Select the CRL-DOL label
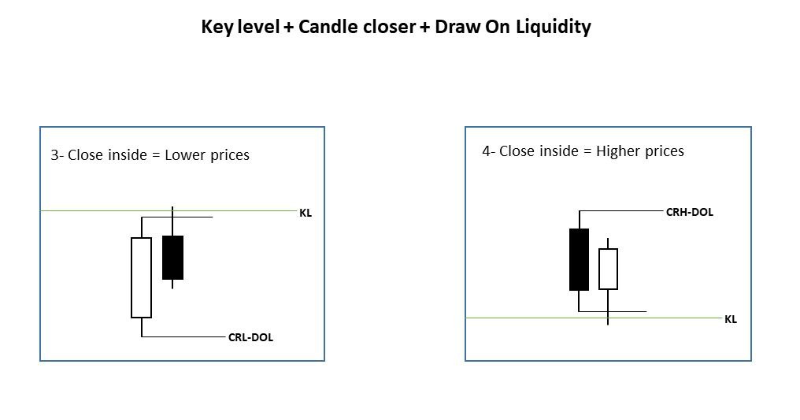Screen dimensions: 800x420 tap(250, 337)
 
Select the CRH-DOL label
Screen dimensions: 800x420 tap(689, 212)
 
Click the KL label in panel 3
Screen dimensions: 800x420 tap(305, 213)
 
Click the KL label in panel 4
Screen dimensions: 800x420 tap(731, 319)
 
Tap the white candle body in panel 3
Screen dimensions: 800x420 tap(141, 277)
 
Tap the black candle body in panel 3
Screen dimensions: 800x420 tap(172, 257)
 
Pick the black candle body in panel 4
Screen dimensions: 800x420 tap(579, 259)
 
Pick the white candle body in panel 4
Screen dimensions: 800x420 tap(608, 269)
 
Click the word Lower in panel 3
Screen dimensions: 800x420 tap(186, 154)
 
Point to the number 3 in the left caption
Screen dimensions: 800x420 tap(54, 155)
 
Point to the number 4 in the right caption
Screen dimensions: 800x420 tap(487, 151)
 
